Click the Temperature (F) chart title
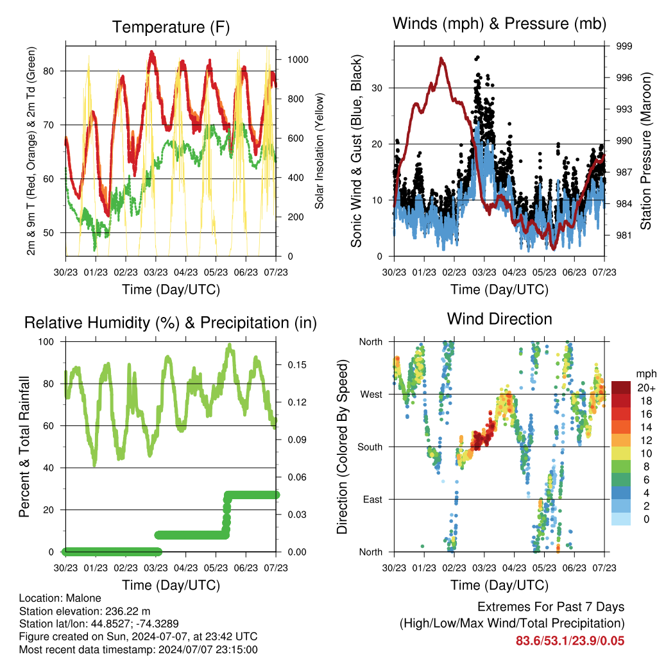(x=171, y=27)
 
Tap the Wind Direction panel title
(x=499, y=319)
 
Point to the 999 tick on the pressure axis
(x=624, y=46)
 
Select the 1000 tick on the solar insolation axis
(x=298, y=60)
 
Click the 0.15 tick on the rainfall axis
(x=297, y=365)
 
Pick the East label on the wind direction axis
(x=373, y=499)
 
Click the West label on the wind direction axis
(x=371, y=395)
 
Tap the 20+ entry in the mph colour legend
(x=646, y=388)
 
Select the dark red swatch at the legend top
(x=621, y=388)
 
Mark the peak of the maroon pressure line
(x=441, y=58)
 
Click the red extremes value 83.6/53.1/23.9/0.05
(x=570, y=641)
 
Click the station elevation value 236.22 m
(x=128, y=611)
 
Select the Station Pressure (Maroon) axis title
(x=645, y=151)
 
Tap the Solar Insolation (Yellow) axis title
(x=320, y=151)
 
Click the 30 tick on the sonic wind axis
(x=377, y=88)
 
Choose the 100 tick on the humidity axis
(x=46, y=342)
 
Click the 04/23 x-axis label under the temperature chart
(x=185, y=272)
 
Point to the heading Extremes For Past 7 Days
(x=551, y=607)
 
